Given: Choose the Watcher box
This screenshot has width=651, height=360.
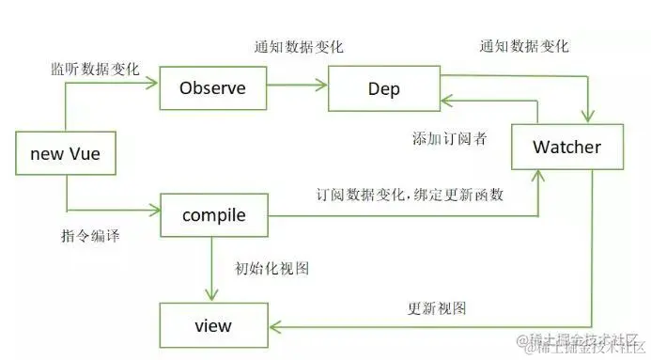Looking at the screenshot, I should (566, 148).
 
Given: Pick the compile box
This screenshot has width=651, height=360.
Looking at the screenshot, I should (213, 215).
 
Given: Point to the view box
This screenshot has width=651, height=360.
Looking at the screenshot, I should (213, 326).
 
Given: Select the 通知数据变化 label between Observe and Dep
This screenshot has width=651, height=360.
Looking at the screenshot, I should (298, 47).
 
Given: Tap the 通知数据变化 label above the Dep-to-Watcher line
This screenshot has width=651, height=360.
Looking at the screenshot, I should (523, 47).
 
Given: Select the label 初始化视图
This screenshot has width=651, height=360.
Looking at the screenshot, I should (272, 268).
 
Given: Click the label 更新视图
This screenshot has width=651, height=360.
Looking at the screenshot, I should (437, 307).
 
